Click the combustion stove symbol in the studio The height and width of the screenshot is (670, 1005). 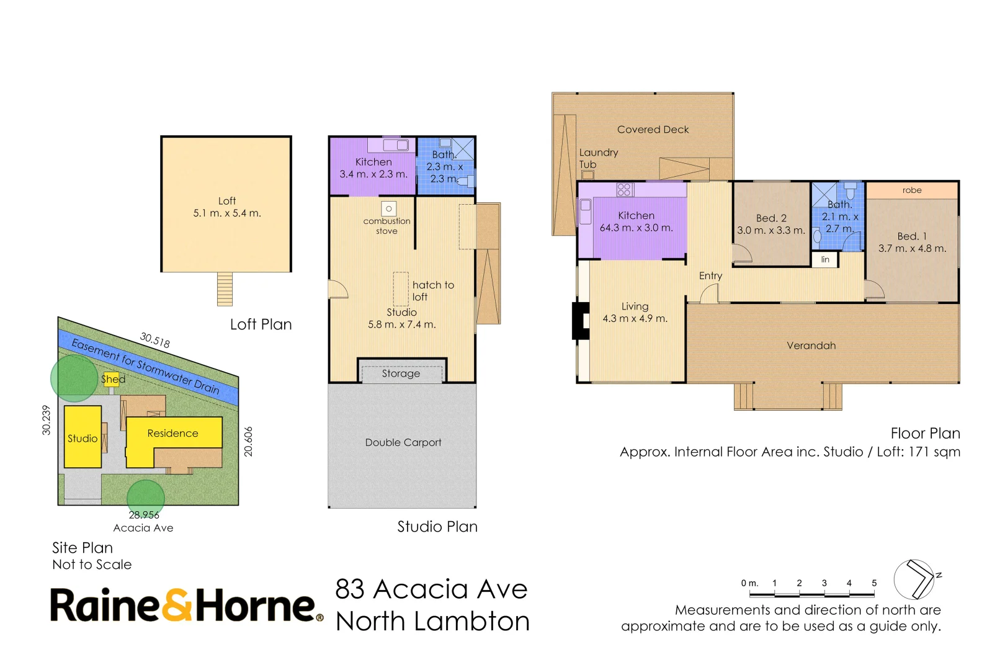(x=388, y=209)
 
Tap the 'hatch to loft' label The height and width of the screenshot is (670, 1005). (x=433, y=291)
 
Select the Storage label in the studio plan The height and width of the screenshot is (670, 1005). (x=401, y=373)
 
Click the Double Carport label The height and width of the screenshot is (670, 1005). (x=403, y=442)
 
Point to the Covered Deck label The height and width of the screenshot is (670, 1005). (x=653, y=130)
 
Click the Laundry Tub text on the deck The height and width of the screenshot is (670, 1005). (x=598, y=158)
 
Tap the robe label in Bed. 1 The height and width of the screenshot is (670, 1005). (x=911, y=190)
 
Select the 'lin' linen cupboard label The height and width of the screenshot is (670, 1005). (x=825, y=259)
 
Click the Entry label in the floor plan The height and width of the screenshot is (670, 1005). (x=710, y=275)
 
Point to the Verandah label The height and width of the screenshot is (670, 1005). (x=811, y=346)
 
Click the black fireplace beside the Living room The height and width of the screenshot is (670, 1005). (x=581, y=320)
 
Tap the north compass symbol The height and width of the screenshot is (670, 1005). (x=915, y=579)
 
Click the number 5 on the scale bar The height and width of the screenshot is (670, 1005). (x=873, y=583)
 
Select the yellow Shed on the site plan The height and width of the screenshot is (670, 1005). (x=112, y=380)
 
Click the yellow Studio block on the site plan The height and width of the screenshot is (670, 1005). (x=83, y=437)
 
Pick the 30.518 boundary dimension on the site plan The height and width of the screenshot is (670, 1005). (x=154, y=340)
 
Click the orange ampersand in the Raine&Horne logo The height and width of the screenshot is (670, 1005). (x=178, y=605)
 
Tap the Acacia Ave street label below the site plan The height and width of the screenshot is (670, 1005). (x=143, y=528)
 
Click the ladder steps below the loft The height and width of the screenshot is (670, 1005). (x=225, y=289)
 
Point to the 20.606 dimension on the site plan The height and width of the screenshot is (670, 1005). (x=248, y=442)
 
